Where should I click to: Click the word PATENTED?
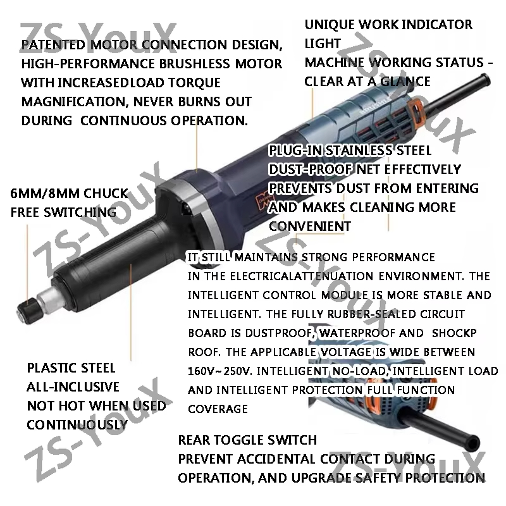pos(53,45)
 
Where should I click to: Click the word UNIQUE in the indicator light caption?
pos(330,25)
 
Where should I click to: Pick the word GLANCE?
pos(405,82)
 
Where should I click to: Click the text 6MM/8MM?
pos(44,194)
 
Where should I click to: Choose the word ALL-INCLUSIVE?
pos(73,387)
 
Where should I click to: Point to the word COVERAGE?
pos(218,409)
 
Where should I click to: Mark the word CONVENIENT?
pos(310,226)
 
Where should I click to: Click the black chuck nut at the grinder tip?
pos(27,311)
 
